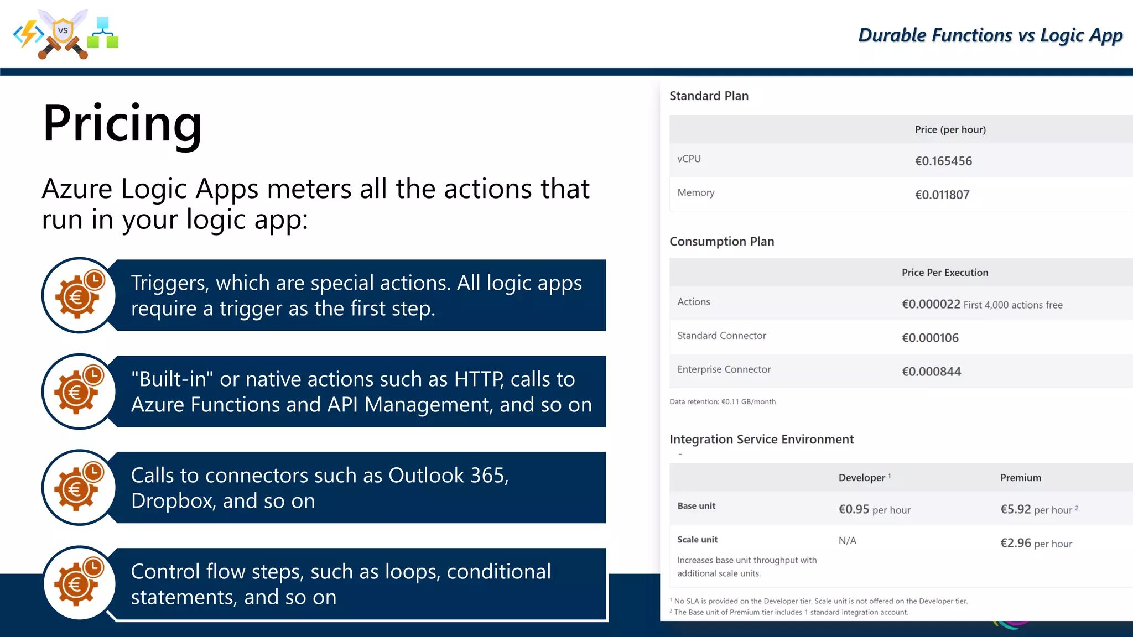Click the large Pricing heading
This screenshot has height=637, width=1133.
[x=122, y=123]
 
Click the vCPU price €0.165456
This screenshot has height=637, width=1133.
[x=943, y=161]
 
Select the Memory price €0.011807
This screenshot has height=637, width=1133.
[x=942, y=195]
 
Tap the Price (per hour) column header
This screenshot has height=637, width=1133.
[x=950, y=129]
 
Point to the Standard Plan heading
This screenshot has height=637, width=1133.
[x=709, y=96]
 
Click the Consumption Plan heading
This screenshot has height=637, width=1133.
[x=721, y=241]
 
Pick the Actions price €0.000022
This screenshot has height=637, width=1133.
[x=931, y=304]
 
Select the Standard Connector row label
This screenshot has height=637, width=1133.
[x=721, y=336]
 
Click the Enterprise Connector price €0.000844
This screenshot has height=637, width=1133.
[x=931, y=372]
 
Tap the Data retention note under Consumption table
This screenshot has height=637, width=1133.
[x=722, y=401]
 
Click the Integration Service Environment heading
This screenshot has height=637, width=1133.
[x=761, y=439]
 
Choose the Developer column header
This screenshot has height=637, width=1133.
[x=862, y=478]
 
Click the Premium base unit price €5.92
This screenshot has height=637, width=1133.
[x=1015, y=509]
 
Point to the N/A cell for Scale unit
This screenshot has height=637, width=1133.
[x=847, y=541]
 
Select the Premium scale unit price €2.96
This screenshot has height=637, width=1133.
[x=1015, y=543]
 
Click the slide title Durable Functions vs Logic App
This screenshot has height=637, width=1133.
[x=990, y=35]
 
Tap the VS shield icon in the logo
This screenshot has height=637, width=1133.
[x=63, y=31]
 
